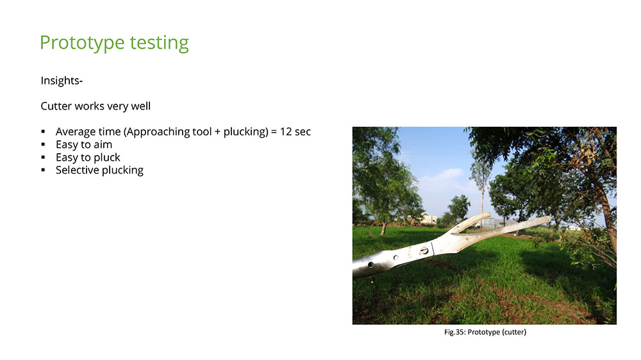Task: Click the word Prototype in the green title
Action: click(82, 43)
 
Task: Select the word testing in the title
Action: click(160, 43)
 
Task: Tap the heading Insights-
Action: click(62, 81)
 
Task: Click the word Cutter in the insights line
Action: click(56, 106)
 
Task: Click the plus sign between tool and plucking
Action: click(217, 132)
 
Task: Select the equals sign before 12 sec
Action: click(274, 132)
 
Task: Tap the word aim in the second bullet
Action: click(103, 145)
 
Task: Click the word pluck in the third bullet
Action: click(107, 158)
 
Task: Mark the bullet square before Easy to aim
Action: click(43, 144)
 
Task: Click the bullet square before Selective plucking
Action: click(43, 170)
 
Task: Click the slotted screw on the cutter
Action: click(424, 250)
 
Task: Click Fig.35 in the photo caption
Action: click(454, 332)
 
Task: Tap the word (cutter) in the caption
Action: click(514, 332)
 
